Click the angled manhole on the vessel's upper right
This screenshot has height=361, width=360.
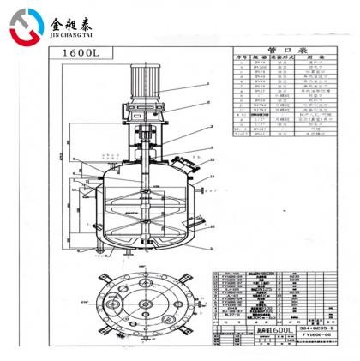pos(181,164)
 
